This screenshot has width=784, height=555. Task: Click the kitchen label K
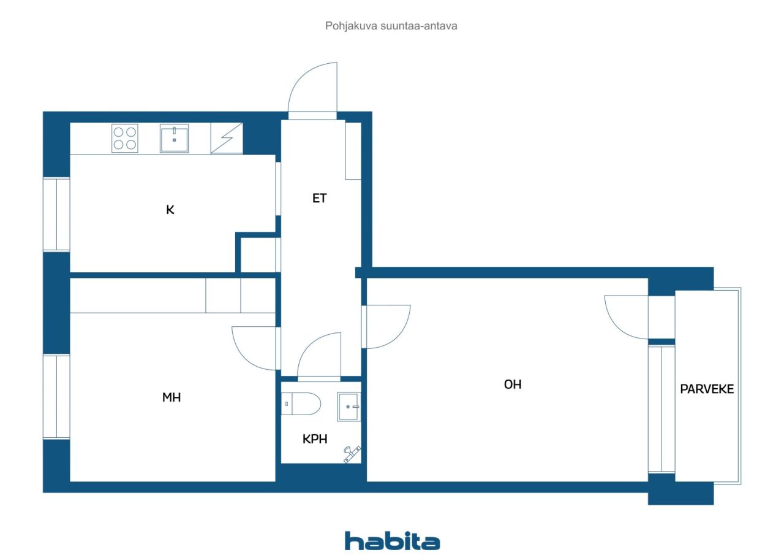coord(170,210)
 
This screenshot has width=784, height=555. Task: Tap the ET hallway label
coord(319,198)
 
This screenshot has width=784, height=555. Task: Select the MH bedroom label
coord(171,397)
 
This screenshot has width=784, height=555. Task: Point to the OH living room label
coord(513,385)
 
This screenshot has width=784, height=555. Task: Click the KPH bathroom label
coord(315,439)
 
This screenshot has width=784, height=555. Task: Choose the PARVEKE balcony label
coord(707,389)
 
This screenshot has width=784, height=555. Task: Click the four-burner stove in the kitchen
coord(124,138)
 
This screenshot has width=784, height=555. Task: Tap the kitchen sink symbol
coord(174,138)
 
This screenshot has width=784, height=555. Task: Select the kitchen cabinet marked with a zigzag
coord(227,138)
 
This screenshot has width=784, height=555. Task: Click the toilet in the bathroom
coord(301,404)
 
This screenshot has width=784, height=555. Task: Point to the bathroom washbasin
coord(349,407)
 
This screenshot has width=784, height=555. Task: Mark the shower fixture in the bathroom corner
coord(352,454)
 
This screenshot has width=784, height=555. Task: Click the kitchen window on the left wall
coord(56,215)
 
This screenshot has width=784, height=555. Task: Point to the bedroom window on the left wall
coord(56,397)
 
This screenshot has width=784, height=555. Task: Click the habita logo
coord(392,541)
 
